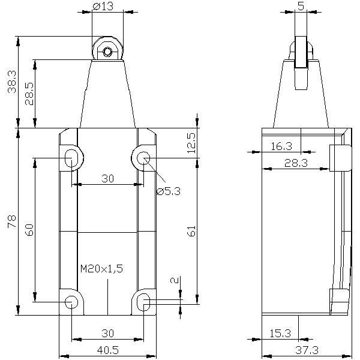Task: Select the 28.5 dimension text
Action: [27, 94]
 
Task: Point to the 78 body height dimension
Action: [10, 221]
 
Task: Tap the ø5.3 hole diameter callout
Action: [168, 191]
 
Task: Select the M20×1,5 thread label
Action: [101, 269]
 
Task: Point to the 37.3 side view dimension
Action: [307, 348]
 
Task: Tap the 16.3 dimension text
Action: [280, 146]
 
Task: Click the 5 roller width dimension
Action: [301, 8]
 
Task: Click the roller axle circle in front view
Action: [107, 52]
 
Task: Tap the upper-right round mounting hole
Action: [143, 158]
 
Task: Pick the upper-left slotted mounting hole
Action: [71, 158]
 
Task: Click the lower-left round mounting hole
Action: [71, 301]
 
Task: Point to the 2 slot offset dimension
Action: [174, 281]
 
